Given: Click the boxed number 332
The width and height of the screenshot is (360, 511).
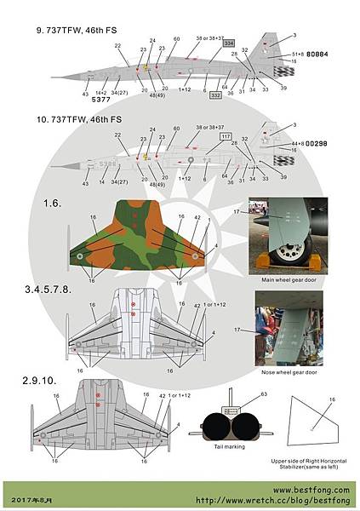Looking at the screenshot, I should [215, 95].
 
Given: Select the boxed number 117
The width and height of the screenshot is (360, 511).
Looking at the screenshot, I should [226, 136].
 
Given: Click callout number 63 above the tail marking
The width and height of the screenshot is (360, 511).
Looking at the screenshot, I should [264, 394].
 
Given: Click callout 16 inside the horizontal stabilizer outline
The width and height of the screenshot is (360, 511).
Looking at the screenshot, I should [333, 399].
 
